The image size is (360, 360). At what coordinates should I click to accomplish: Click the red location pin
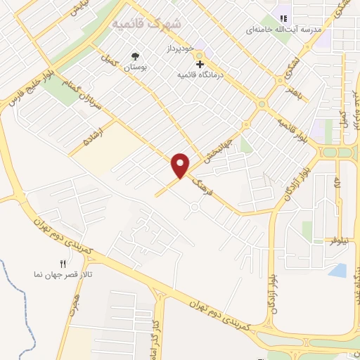click(x=181, y=165)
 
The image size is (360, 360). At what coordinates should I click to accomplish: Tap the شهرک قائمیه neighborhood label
click(x=147, y=23)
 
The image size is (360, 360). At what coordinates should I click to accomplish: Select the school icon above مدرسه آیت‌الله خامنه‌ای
click(x=284, y=19)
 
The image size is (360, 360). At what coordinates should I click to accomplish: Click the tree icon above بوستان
click(x=134, y=56)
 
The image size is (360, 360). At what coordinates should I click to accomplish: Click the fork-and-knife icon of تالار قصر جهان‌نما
click(x=62, y=264)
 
